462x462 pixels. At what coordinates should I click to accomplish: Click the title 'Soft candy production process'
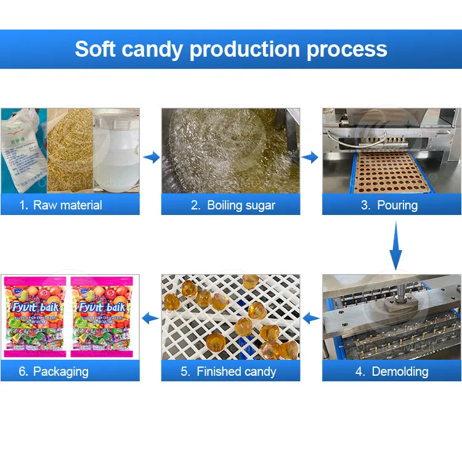point(231,49)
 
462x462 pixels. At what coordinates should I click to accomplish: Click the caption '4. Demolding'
point(392,371)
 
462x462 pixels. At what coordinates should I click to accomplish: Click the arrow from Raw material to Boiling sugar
point(150,158)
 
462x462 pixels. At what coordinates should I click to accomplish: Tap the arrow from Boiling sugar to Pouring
point(311,158)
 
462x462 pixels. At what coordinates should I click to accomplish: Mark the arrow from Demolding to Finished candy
point(311,318)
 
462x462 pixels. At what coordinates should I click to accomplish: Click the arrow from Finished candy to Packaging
point(150,318)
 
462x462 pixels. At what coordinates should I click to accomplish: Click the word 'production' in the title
point(248,49)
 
